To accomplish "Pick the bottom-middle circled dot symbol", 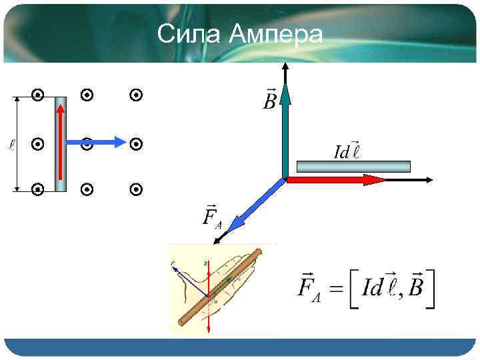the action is click(86, 190).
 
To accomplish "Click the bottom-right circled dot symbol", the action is click(136, 190).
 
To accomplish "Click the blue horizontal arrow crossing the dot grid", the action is click(100, 141).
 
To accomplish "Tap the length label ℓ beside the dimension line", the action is click(12, 143).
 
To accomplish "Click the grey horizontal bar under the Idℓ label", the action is click(353, 166).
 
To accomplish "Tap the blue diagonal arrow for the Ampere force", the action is click(256, 207).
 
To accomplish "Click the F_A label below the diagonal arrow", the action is click(212, 217).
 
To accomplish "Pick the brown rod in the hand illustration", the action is click(220, 287).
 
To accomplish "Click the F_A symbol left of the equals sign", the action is click(307, 288).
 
